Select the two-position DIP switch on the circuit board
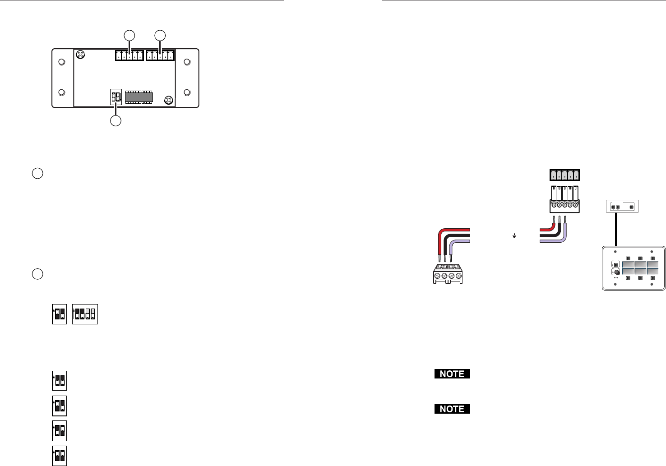[116, 97]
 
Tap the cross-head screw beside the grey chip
[168, 99]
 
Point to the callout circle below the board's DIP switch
[116, 120]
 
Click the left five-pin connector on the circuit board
[129, 55]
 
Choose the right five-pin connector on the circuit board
[160, 55]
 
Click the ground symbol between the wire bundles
[514, 235]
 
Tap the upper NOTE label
[452, 374]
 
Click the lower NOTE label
[452, 409]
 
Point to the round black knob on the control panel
[616, 272]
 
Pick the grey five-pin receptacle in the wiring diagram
[564, 175]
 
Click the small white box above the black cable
[622, 207]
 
